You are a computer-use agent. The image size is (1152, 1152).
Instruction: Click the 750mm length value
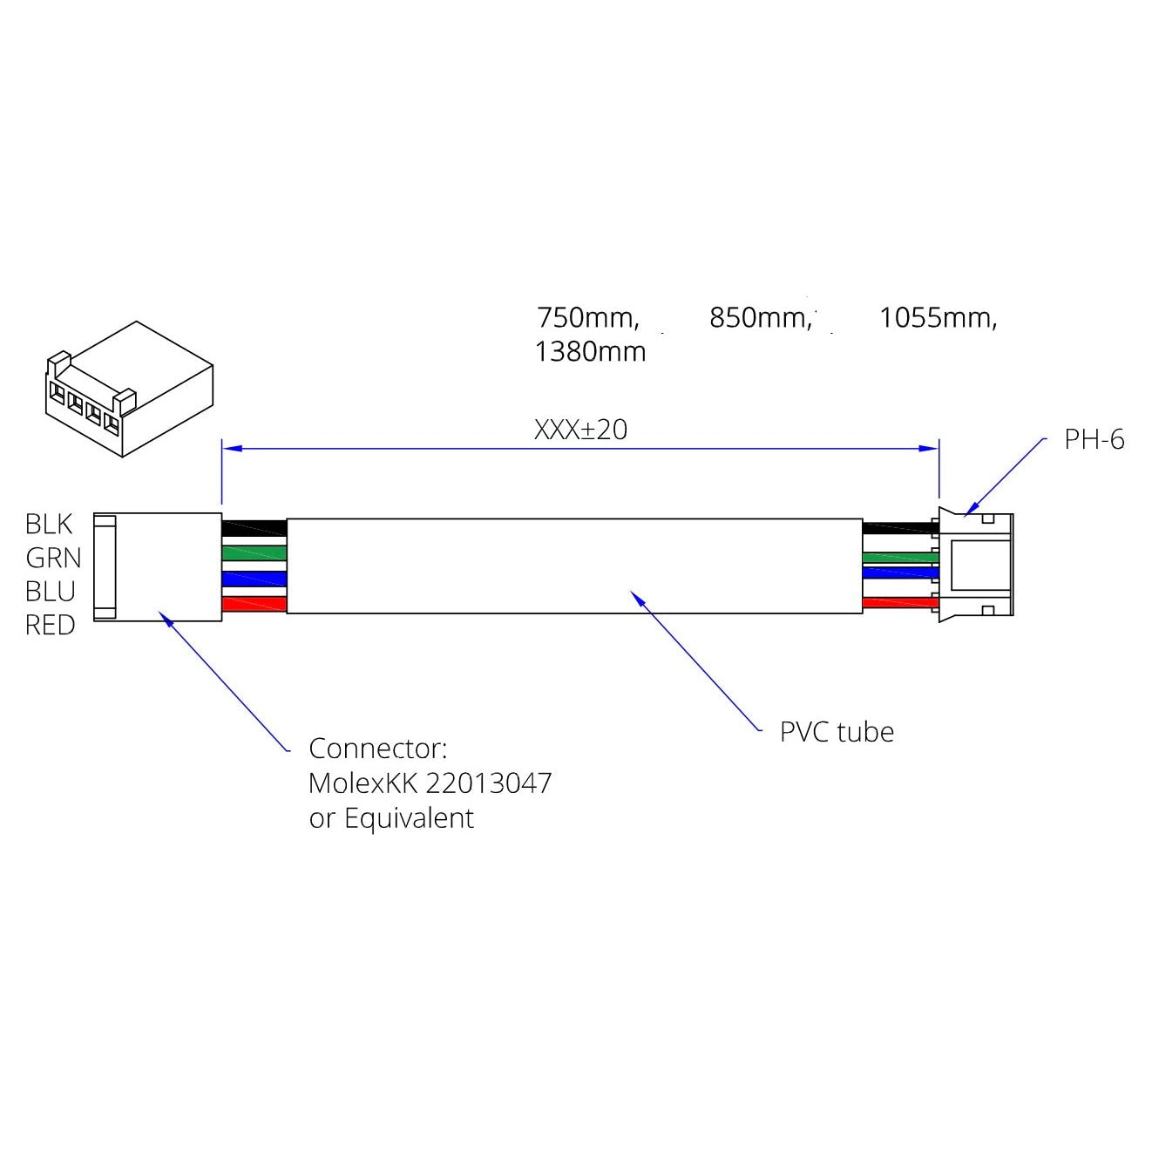tap(587, 318)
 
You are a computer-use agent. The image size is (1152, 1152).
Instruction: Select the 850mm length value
tap(760, 318)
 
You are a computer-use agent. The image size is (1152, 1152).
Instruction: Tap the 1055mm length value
tap(937, 318)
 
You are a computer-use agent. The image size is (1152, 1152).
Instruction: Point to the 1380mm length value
tap(590, 352)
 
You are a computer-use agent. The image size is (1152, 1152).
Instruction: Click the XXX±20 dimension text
tap(580, 430)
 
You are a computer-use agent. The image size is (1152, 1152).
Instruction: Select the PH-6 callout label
tap(1094, 440)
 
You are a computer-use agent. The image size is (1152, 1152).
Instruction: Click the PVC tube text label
tap(837, 732)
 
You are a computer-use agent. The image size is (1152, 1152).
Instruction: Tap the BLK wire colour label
tap(49, 524)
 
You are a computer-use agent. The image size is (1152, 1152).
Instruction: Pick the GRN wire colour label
tap(53, 558)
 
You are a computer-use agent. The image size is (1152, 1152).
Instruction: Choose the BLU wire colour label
tap(51, 592)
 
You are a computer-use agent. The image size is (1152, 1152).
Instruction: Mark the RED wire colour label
tap(50, 626)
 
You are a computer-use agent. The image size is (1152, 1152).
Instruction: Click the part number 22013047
tap(490, 783)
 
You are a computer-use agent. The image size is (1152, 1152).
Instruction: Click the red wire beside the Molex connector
tap(254, 604)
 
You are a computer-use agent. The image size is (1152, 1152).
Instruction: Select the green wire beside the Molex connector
tap(254, 552)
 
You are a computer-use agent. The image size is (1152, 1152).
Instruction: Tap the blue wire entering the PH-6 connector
tap(899, 573)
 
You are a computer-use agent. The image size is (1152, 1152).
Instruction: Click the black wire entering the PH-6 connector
tap(899, 527)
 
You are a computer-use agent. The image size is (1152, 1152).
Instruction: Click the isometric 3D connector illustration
tap(129, 389)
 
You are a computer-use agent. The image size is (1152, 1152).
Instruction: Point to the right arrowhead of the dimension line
tap(930, 449)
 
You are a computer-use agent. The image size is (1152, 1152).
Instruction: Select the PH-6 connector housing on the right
tap(978, 565)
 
